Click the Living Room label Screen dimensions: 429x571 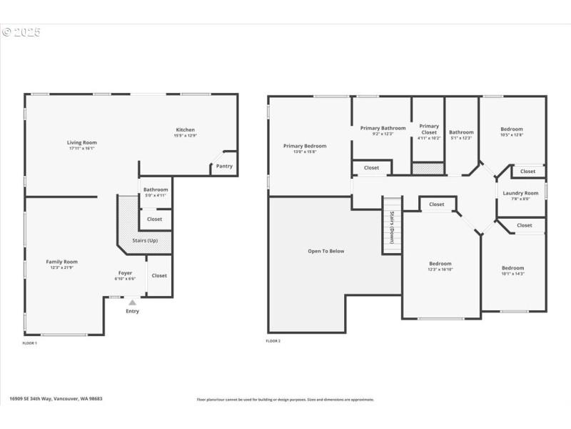pos(81,142)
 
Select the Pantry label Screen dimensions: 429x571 pos(223,166)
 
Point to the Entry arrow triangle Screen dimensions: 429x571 pos(132,302)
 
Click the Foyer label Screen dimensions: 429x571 pos(125,273)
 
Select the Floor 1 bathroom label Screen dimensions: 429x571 pos(155,189)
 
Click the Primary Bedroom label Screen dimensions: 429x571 pos(304,146)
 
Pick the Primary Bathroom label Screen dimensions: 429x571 pos(383,128)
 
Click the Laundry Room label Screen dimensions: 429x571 pos(520,193)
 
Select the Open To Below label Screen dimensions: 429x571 pos(325,251)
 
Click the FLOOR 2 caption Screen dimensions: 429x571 pos(273,342)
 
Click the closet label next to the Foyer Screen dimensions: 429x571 pos(159,275)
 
